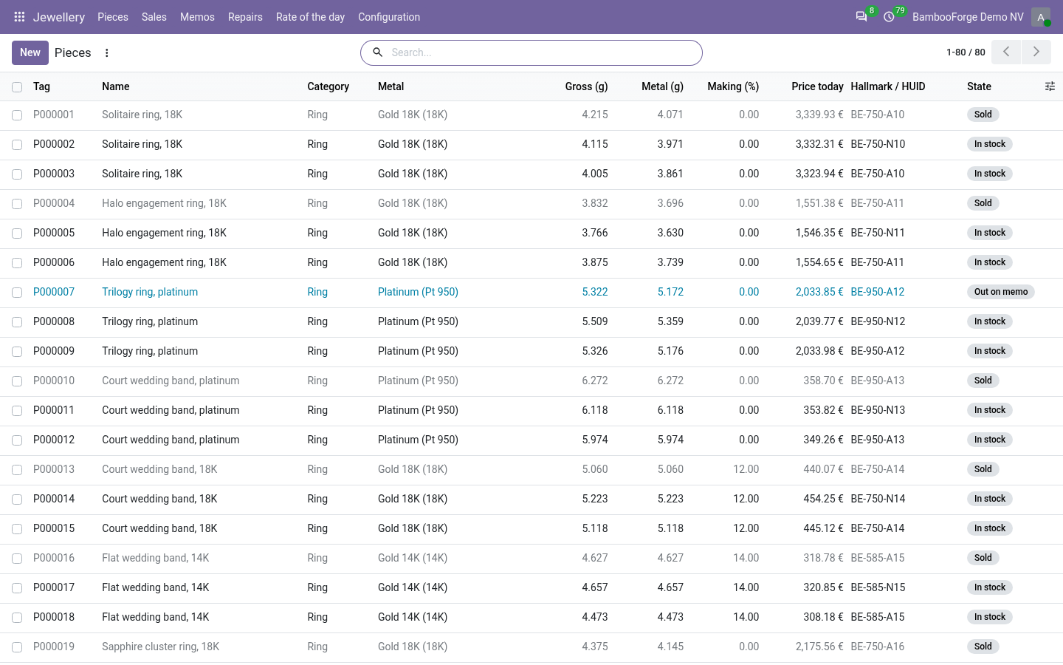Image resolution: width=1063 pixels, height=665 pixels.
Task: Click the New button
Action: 30,52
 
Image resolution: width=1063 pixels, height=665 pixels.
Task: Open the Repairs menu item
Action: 245,17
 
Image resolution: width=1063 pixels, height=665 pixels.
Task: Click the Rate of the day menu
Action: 310,17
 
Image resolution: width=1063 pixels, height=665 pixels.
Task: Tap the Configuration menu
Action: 389,17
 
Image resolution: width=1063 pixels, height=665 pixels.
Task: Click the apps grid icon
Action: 19,17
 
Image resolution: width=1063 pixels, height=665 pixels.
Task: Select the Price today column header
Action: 817,86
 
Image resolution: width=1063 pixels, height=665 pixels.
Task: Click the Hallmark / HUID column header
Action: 888,86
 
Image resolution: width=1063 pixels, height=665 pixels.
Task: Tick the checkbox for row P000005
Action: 17,233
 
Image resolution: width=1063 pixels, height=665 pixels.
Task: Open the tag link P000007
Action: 54,292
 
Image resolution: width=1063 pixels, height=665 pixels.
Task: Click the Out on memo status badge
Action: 1001,292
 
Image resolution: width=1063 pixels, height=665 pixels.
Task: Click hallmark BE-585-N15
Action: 878,587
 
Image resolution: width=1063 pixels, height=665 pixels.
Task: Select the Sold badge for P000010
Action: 983,380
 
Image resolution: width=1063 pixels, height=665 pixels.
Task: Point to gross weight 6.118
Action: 595,410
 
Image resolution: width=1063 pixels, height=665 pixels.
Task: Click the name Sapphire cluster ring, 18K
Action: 160,647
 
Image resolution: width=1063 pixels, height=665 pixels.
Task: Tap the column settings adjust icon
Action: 1050,86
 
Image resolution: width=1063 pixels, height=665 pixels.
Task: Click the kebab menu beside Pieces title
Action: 107,52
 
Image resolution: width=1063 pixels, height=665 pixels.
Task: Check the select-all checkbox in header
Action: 17,87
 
